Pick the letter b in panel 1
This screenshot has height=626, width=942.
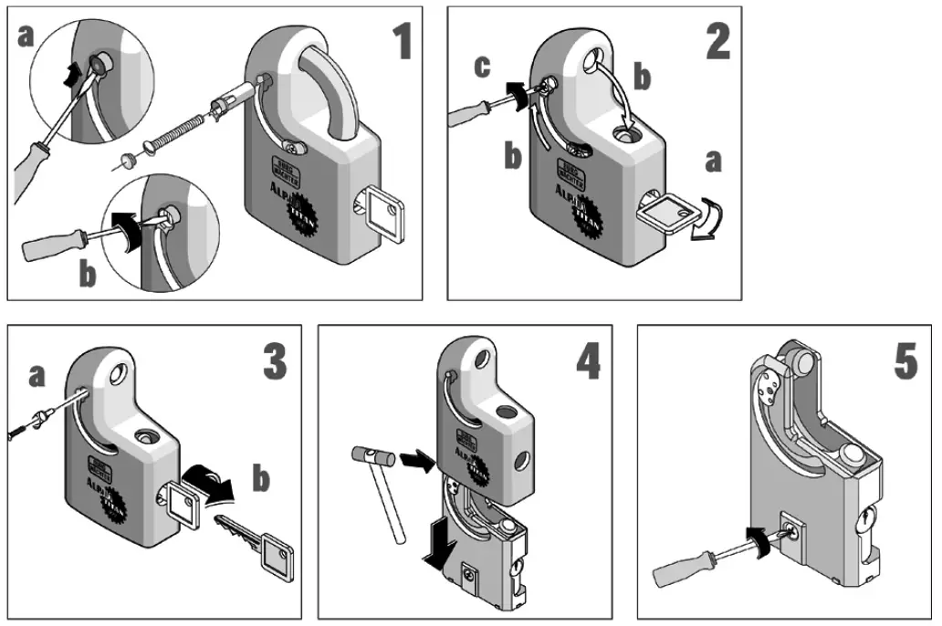click(x=88, y=275)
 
